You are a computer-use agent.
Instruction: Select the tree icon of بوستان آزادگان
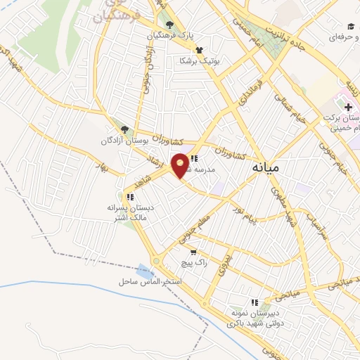[125, 129]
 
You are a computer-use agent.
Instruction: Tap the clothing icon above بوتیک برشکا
[200, 50]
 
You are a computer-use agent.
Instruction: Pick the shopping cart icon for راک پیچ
[193, 251]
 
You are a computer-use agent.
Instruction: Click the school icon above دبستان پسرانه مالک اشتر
[130, 197]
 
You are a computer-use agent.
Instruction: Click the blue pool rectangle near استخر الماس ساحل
[146, 270]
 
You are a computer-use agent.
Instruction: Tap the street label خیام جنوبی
[330, 156]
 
